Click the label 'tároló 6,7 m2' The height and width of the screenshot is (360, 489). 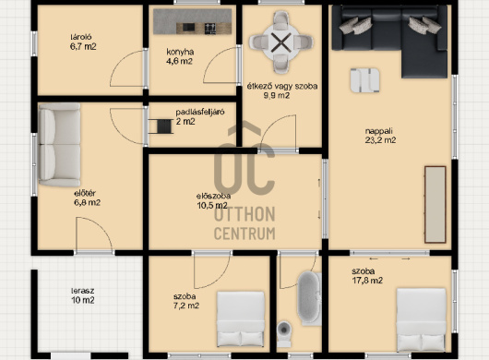83,42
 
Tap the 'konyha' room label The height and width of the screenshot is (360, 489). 180,52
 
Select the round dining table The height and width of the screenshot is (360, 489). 281,42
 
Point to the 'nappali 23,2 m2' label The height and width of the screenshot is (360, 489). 380,136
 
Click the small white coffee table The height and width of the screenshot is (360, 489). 364,80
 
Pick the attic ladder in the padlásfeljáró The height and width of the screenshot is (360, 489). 161,126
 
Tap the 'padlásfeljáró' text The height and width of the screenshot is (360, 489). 200,112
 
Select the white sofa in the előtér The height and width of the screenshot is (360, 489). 59,145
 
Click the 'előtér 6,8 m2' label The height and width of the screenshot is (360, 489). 87,198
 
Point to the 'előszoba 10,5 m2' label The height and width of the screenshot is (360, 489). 213,200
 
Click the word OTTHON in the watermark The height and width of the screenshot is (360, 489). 244,214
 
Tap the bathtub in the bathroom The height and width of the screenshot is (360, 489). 309,298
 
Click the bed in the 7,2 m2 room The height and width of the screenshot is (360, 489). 241,318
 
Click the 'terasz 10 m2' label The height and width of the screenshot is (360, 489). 83,295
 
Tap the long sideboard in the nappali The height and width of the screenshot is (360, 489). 435,205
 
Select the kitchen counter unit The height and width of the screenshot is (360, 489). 193,21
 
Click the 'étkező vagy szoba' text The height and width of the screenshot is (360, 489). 282,86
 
